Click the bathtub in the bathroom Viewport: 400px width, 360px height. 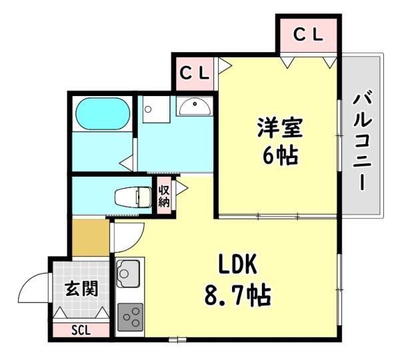[x=103, y=114]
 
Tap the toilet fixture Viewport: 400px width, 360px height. [x=133, y=197]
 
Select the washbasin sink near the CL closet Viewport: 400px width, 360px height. [x=195, y=107]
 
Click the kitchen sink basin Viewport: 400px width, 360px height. [x=128, y=273]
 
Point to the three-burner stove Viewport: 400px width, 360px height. [x=130, y=317]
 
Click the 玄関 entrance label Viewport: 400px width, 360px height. [x=81, y=289]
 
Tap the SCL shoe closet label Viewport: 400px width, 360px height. [x=81, y=331]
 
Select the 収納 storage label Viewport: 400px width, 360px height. [x=164, y=196]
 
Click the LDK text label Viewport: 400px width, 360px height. [x=237, y=266]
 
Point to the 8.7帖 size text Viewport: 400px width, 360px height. [x=237, y=295]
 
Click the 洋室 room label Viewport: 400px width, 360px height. [x=280, y=128]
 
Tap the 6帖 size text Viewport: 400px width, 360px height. [x=280, y=156]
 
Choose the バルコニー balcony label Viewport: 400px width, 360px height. [x=361, y=141]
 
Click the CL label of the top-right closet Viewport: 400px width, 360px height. [x=308, y=35]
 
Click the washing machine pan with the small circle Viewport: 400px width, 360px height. [x=156, y=109]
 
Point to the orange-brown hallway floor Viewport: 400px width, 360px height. [x=91, y=237]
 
